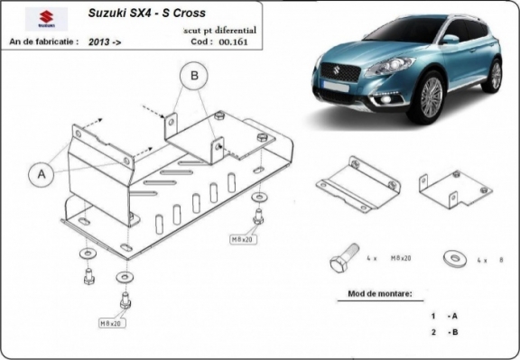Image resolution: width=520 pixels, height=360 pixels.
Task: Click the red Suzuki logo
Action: point(40,19)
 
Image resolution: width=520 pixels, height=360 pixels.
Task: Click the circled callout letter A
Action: point(41,173)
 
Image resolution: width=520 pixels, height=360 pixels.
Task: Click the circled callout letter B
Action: point(192,78)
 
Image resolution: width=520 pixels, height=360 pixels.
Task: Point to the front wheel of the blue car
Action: point(430,97)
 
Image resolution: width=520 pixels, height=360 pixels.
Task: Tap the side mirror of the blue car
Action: point(450,40)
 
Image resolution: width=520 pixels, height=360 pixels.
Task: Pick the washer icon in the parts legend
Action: point(450,259)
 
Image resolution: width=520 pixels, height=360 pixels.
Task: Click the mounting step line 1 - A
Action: point(444,316)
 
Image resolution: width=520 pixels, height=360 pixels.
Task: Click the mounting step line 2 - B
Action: point(444,333)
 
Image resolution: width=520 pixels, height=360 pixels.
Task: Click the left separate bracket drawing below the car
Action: point(357,184)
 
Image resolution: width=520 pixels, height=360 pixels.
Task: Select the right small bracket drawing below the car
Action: point(456,187)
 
